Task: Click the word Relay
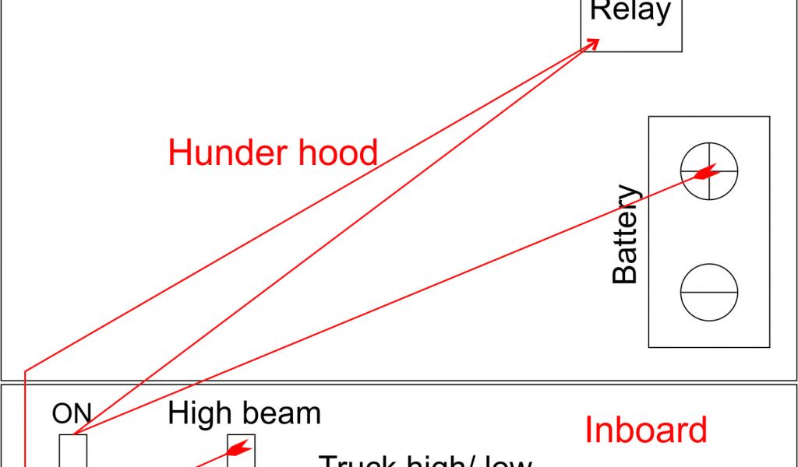[630, 11]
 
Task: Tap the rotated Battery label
[625, 233]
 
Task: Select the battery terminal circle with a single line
[709, 292]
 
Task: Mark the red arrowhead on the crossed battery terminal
[703, 173]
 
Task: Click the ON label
[72, 414]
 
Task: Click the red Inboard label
[646, 430]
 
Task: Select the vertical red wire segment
[26, 420]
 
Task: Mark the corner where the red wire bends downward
[26, 370]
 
